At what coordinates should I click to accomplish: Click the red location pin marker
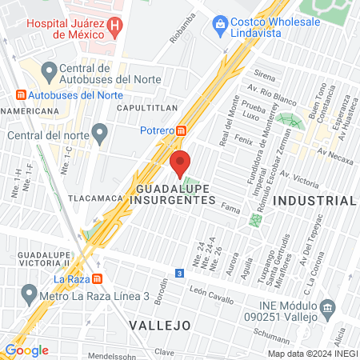click(x=181, y=162)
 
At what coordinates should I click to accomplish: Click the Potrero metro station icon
click(x=182, y=130)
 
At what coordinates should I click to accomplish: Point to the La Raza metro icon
click(x=97, y=279)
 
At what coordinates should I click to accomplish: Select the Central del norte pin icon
click(x=99, y=131)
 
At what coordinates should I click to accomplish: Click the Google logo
click(x=26, y=350)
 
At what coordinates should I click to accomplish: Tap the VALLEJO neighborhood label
click(x=160, y=325)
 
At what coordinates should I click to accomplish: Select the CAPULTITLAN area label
click(x=145, y=106)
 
